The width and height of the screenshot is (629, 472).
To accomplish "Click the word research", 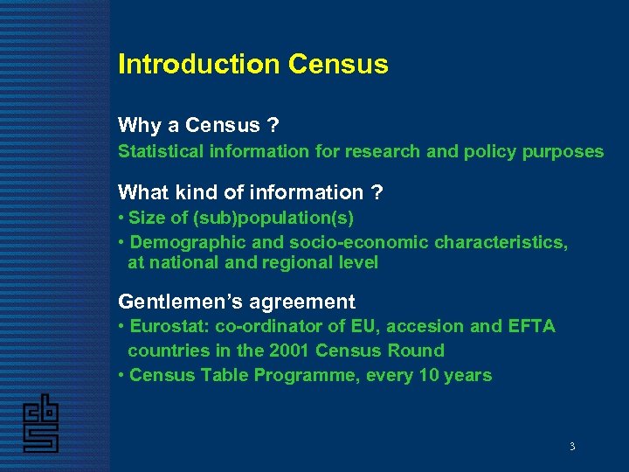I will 380,151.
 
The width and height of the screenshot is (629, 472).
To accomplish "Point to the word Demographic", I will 182,241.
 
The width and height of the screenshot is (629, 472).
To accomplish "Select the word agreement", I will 305,302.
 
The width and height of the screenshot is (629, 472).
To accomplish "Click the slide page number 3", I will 572,447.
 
